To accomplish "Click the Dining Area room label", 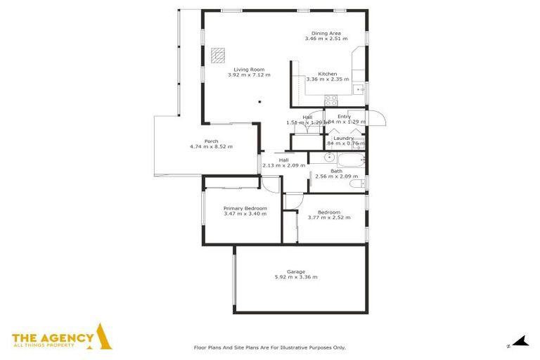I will coord(326,32).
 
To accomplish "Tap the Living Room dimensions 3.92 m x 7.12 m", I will coord(249,75).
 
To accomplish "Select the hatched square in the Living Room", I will coord(219,53).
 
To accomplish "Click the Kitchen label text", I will coord(327,74).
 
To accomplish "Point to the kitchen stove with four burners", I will coord(330,100).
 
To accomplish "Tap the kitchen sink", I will coord(359,89).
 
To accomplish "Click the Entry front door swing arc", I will coord(378,118).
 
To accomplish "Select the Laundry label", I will coord(344,138).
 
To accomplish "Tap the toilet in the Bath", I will coord(357,184).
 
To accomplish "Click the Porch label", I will coord(211,141).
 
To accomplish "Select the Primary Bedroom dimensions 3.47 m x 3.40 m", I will coord(245,214).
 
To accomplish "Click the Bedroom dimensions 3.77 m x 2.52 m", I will coord(328,218).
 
